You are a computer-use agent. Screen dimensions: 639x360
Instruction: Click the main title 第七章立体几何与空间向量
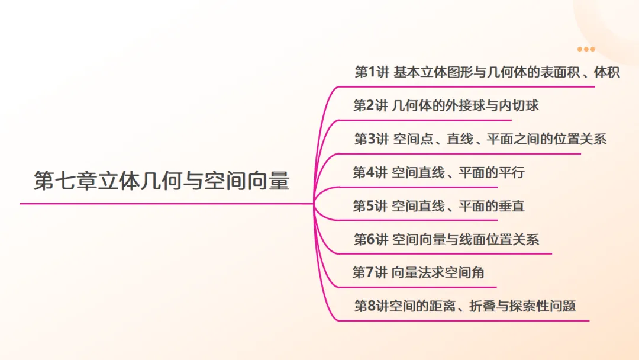(162, 181)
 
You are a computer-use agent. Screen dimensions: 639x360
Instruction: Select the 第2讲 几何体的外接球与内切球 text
(446, 105)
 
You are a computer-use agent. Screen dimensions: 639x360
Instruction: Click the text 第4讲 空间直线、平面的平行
(438, 172)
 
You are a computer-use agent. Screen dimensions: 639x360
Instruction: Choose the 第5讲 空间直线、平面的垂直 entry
(438, 206)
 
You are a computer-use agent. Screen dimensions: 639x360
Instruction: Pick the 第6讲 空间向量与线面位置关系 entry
(446, 239)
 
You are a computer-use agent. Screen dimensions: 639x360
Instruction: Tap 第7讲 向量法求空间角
(418, 272)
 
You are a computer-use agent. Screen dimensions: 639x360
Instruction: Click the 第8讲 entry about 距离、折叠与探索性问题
(464, 306)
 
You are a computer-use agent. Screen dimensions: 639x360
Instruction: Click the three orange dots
(586, 49)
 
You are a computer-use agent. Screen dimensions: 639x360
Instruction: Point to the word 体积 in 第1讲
(607, 72)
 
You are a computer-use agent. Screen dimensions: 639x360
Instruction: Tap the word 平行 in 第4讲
(511, 172)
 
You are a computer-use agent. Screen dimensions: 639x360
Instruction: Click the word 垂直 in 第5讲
(511, 206)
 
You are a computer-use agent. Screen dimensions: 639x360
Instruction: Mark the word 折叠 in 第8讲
(482, 306)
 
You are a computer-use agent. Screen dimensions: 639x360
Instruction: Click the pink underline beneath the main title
(167, 204)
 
